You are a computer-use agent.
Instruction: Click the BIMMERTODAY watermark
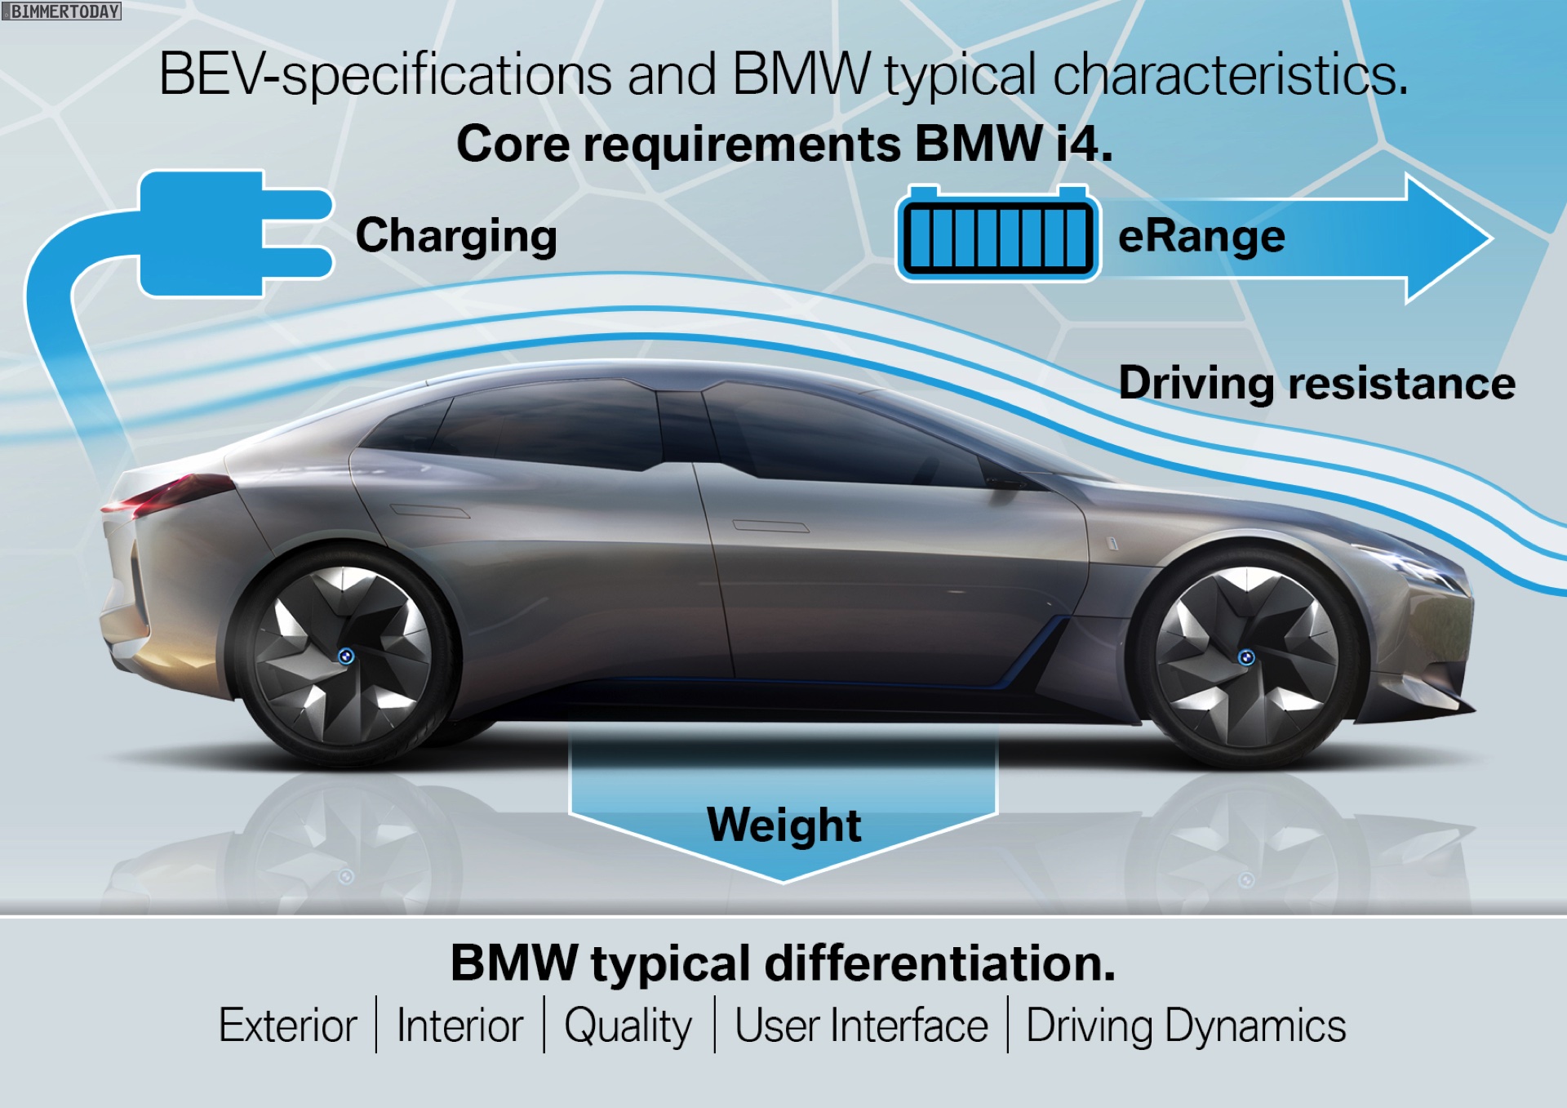tap(61, 11)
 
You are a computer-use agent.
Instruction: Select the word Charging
tap(456, 236)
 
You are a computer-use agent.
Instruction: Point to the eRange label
tap(1201, 237)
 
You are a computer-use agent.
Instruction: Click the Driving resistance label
tap(1316, 383)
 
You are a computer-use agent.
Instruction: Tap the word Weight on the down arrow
tap(783, 825)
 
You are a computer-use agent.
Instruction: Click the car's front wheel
tap(1246, 657)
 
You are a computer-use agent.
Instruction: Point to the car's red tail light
tap(167, 494)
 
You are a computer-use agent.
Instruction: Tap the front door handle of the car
tap(770, 526)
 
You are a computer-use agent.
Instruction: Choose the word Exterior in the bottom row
tap(288, 1026)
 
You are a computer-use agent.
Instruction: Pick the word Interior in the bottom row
tap(459, 1026)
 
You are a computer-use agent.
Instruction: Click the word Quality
tap(628, 1026)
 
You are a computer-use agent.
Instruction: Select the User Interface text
tap(861, 1026)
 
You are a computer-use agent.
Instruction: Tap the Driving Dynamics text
tap(1185, 1026)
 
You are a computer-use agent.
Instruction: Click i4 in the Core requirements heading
tap(1082, 145)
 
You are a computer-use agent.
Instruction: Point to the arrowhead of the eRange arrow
tap(1449, 238)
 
